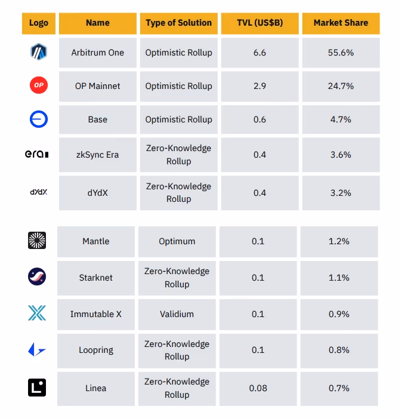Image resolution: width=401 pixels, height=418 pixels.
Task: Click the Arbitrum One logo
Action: click(39, 53)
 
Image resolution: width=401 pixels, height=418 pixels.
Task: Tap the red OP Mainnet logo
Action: click(39, 86)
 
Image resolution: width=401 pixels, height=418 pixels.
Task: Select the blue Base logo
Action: click(39, 119)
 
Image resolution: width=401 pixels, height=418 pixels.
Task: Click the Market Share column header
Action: click(341, 23)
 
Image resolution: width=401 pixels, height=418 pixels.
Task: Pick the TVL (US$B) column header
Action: click(260, 23)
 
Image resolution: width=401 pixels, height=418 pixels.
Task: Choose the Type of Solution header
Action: click(178, 23)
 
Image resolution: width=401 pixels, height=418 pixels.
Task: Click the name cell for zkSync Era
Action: click(97, 155)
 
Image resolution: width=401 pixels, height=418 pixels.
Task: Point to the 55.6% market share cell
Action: click(341, 53)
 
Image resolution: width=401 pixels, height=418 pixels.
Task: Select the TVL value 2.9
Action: click(260, 86)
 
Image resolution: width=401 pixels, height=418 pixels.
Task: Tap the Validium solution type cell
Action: click(177, 314)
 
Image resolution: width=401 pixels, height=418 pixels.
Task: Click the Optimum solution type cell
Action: click(177, 241)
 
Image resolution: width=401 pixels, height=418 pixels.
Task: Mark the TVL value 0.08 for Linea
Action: click(258, 388)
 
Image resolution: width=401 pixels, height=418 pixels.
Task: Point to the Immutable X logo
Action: click(37, 314)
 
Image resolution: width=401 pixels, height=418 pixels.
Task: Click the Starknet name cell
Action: click(95, 278)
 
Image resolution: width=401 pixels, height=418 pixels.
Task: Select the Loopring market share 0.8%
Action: click(339, 350)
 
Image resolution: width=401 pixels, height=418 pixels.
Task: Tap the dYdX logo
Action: click(39, 192)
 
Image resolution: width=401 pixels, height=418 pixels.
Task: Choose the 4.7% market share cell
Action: click(341, 119)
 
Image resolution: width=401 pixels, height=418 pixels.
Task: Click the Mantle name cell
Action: click(95, 241)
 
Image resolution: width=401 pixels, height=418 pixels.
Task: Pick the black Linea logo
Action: click(37, 388)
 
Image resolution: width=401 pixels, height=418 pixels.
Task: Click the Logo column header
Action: click(39, 23)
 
